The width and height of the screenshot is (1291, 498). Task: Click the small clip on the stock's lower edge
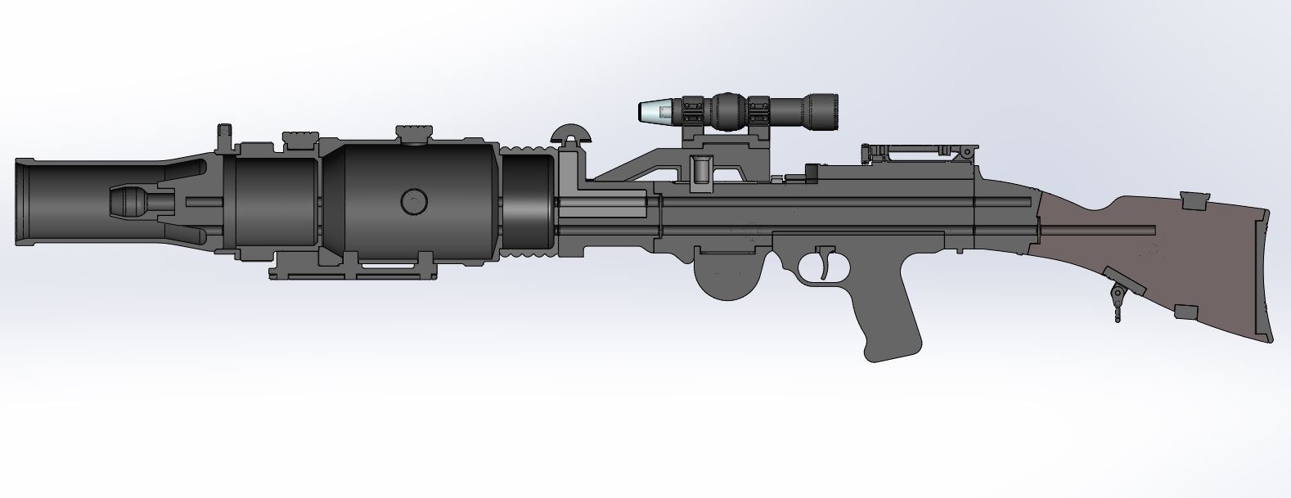point(1186,311)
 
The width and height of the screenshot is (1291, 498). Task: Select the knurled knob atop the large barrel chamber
point(413,132)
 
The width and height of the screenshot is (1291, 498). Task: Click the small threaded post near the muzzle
point(223,136)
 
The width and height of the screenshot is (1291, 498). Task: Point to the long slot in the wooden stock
point(1096,225)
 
